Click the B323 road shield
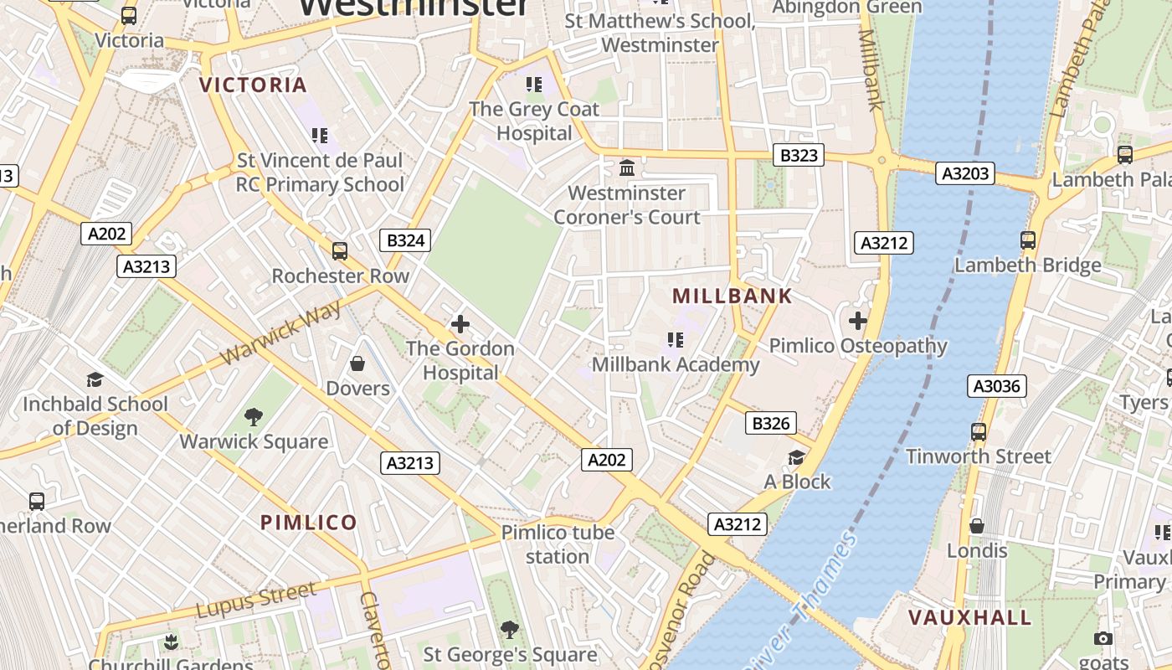point(798,155)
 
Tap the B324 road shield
point(406,241)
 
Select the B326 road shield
point(770,424)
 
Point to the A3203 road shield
point(966,174)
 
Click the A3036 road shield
point(997,386)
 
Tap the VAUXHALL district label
point(970,618)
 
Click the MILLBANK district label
point(732,296)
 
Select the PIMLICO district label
point(309,523)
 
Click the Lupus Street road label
point(257,600)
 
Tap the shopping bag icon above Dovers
point(357,363)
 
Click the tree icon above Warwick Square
point(253,417)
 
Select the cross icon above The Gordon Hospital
point(460,323)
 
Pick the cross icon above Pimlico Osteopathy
point(857,321)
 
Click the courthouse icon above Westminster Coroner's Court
point(627,168)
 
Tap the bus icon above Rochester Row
point(340,251)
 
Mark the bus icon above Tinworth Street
point(978,432)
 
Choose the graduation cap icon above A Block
point(796,457)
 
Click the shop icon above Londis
point(976,526)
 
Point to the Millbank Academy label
point(676,364)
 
